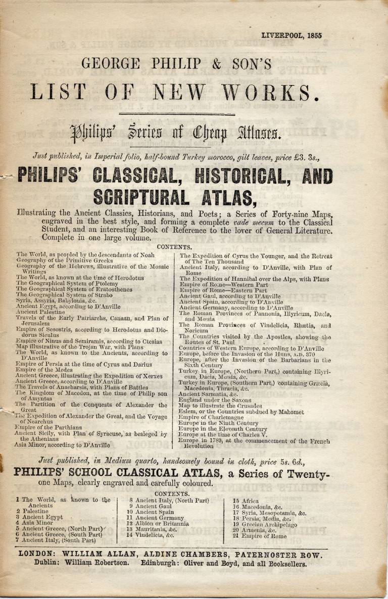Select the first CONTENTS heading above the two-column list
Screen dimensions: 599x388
(x=174, y=247)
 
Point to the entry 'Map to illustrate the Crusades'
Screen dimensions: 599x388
(x=220, y=405)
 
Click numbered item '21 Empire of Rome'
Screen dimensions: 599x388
(x=260, y=536)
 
